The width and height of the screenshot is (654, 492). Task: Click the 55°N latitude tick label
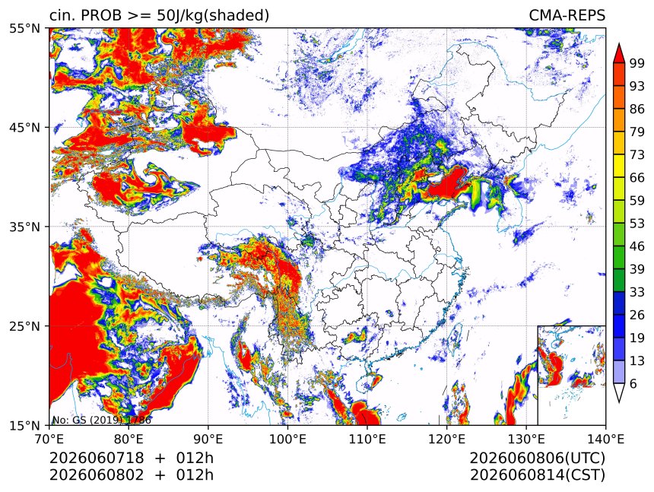[24, 29]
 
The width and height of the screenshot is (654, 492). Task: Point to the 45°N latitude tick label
[24, 127]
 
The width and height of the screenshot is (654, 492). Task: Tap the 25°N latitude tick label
[24, 325]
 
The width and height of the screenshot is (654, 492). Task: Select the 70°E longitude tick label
[49, 439]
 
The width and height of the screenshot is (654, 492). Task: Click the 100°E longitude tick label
[287, 439]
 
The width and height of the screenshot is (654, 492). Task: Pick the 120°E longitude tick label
[446, 439]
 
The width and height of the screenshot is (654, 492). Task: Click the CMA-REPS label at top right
[567, 15]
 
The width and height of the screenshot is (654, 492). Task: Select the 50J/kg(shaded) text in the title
[213, 16]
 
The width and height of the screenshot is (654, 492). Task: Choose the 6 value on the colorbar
[633, 383]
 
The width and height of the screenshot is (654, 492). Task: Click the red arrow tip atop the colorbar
[618, 44]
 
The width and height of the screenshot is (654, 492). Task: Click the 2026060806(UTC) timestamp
[537, 458]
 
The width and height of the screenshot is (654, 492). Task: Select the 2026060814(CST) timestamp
[538, 475]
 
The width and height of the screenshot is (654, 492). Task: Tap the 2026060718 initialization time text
[97, 458]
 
